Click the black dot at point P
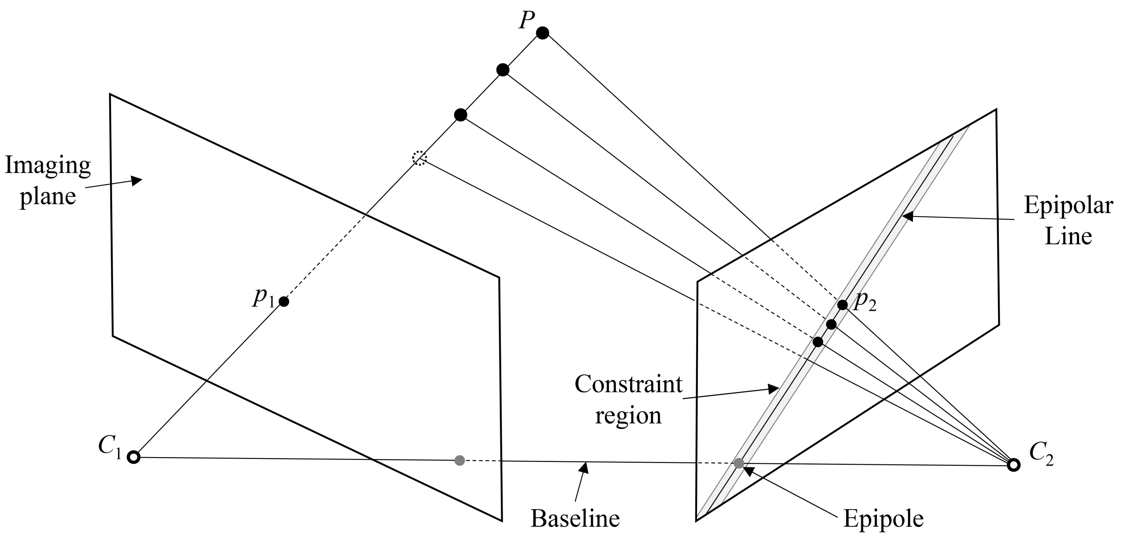[x=543, y=33]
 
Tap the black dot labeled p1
[x=284, y=301]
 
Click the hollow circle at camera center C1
[x=133, y=457]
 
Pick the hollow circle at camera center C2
[x=1014, y=465]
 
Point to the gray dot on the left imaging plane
[x=459, y=460]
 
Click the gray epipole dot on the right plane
[x=739, y=463]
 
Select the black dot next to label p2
[x=842, y=305]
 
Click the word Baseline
[x=575, y=519]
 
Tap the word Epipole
[x=883, y=519]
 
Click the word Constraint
[x=628, y=384]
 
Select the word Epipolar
[x=1068, y=205]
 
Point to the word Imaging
[x=48, y=166]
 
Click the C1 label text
[x=110, y=447]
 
